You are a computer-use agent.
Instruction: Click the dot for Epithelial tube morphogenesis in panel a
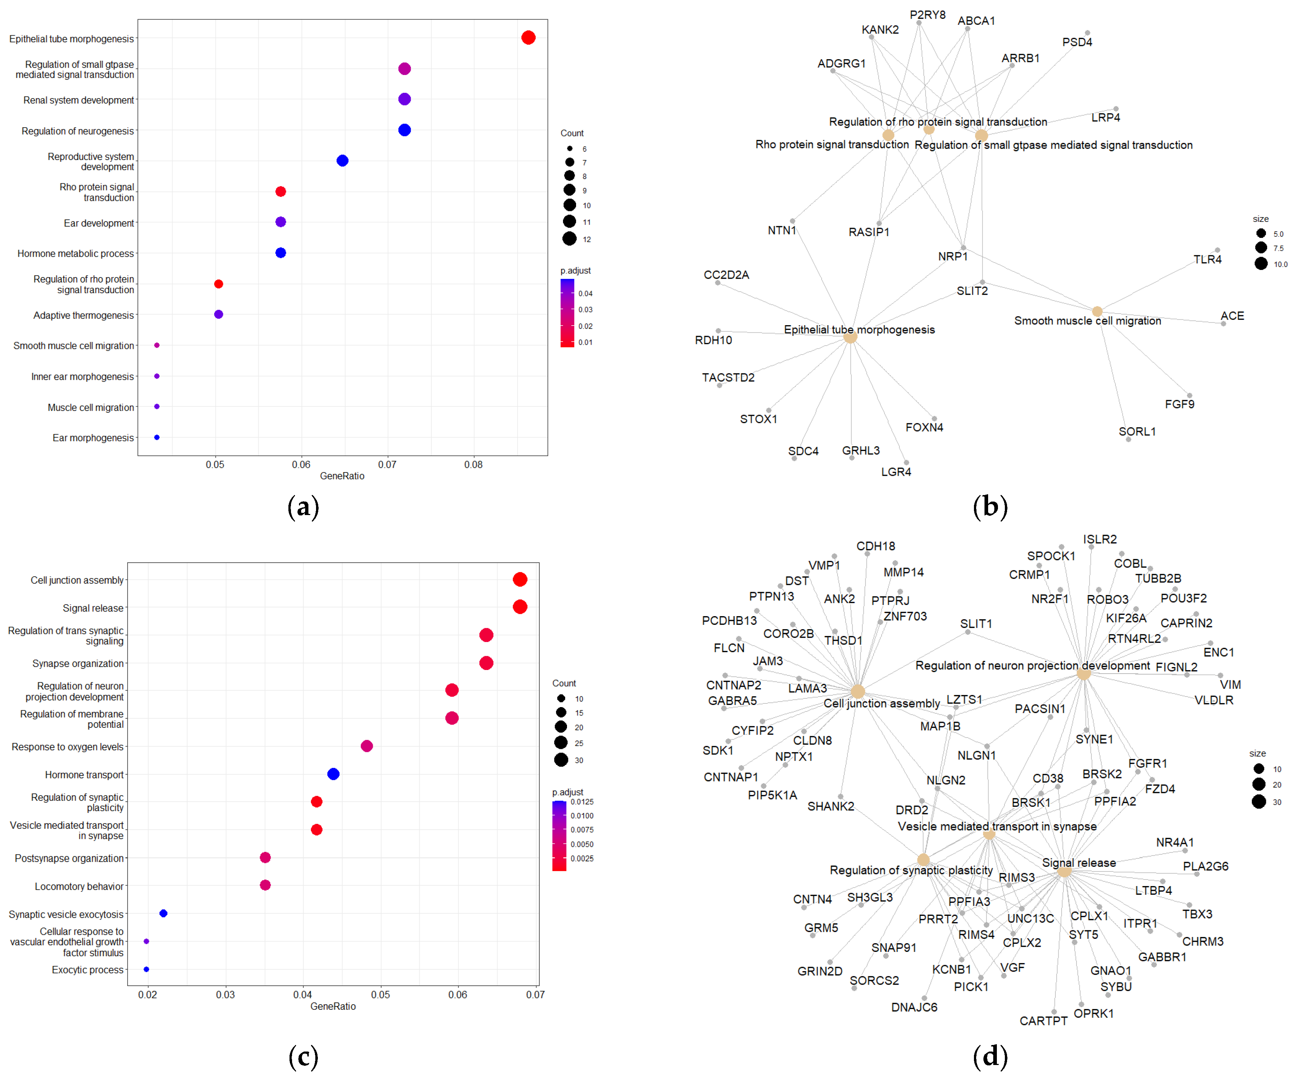pyautogui.click(x=528, y=37)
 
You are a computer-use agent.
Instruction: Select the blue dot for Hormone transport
pyautogui.click(x=333, y=774)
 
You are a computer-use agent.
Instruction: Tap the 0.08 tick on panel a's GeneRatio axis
pyautogui.click(x=473, y=464)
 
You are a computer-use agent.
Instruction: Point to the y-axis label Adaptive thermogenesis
pyautogui.click(x=83, y=315)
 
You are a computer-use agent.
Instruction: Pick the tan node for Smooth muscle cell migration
pyautogui.click(x=1097, y=311)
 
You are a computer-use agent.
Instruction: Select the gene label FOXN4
pyautogui.click(x=924, y=427)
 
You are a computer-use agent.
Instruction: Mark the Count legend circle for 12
pyautogui.click(x=570, y=239)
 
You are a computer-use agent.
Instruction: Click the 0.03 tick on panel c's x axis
pyautogui.click(x=225, y=994)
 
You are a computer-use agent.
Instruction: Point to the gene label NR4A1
pyautogui.click(x=1174, y=842)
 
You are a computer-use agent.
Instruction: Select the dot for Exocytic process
pyautogui.click(x=146, y=969)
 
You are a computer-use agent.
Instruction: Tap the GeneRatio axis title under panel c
pyautogui.click(x=333, y=1006)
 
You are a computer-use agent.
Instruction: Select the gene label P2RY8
pyautogui.click(x=927, y=15)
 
